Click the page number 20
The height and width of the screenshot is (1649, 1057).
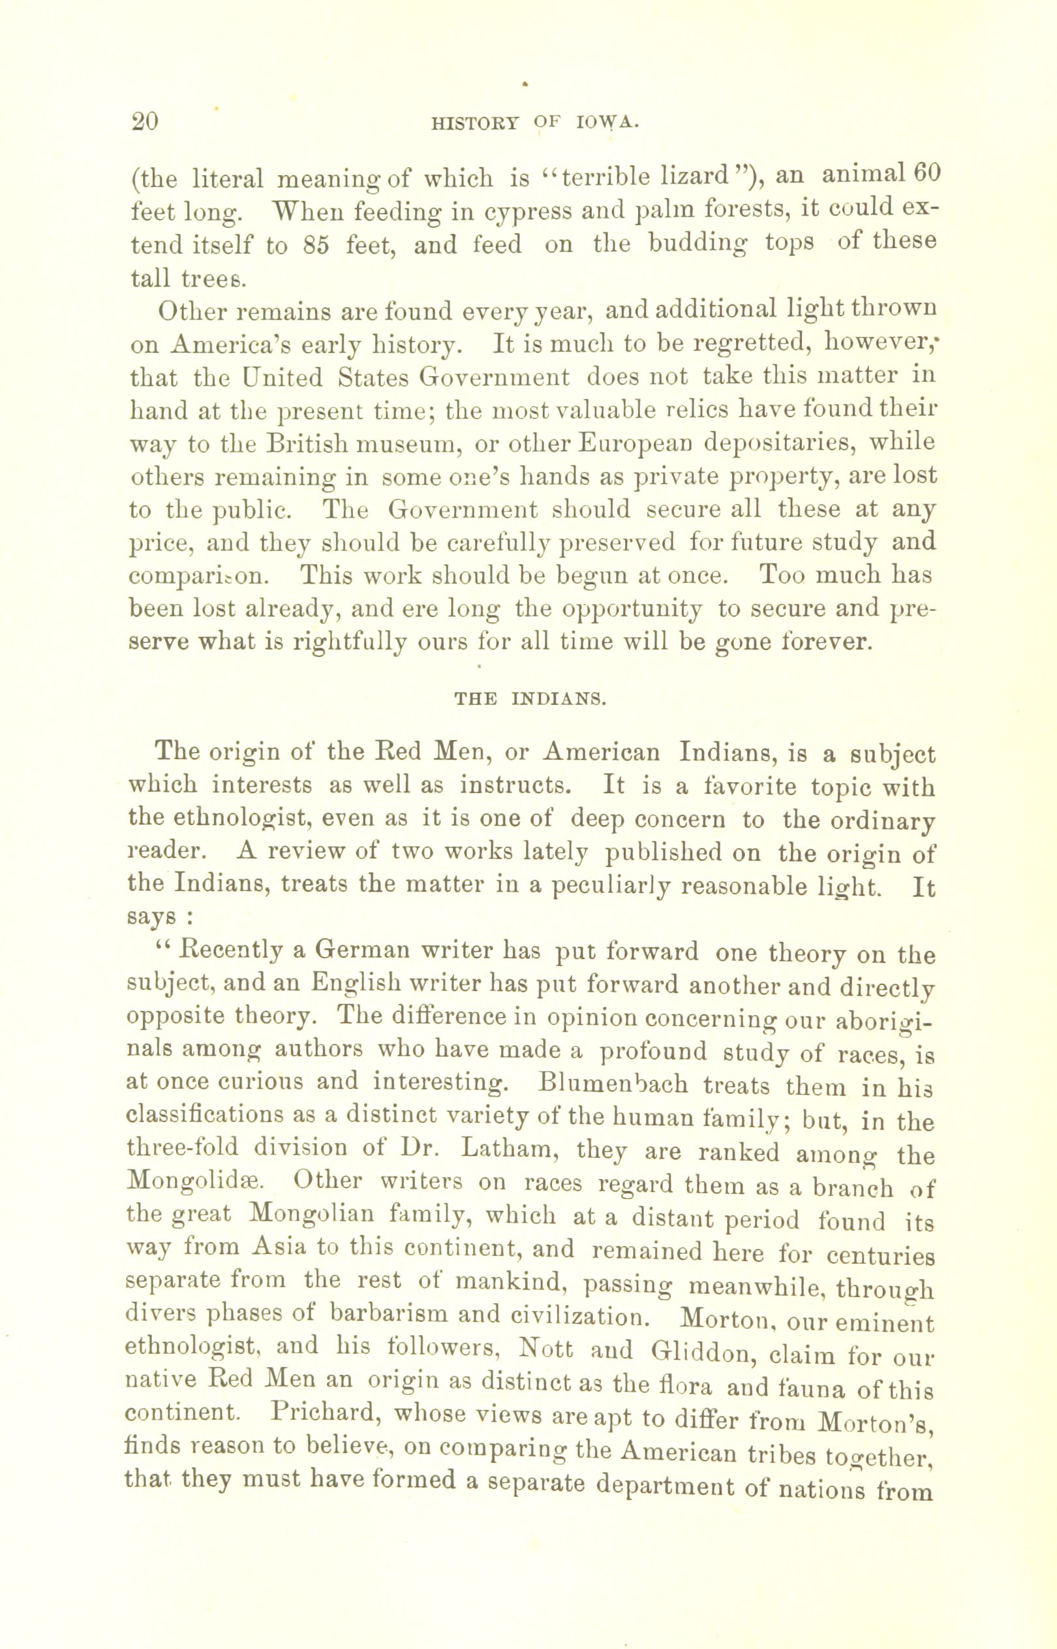145,121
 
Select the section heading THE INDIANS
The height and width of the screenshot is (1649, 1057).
530,700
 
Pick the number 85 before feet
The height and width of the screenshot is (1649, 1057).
316,245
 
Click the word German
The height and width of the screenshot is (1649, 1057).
357,953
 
